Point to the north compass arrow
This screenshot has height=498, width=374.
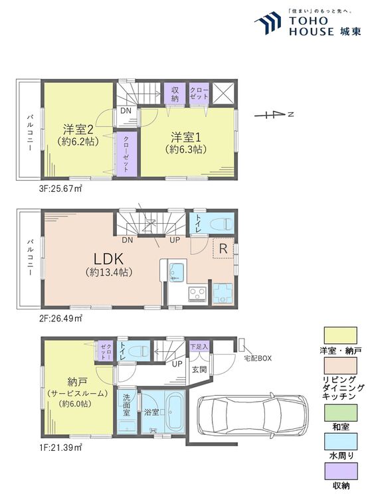(x=273, y=114)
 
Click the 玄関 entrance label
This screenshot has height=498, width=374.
(x=199, y=369)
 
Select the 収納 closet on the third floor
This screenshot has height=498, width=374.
(x=175, y=92)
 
